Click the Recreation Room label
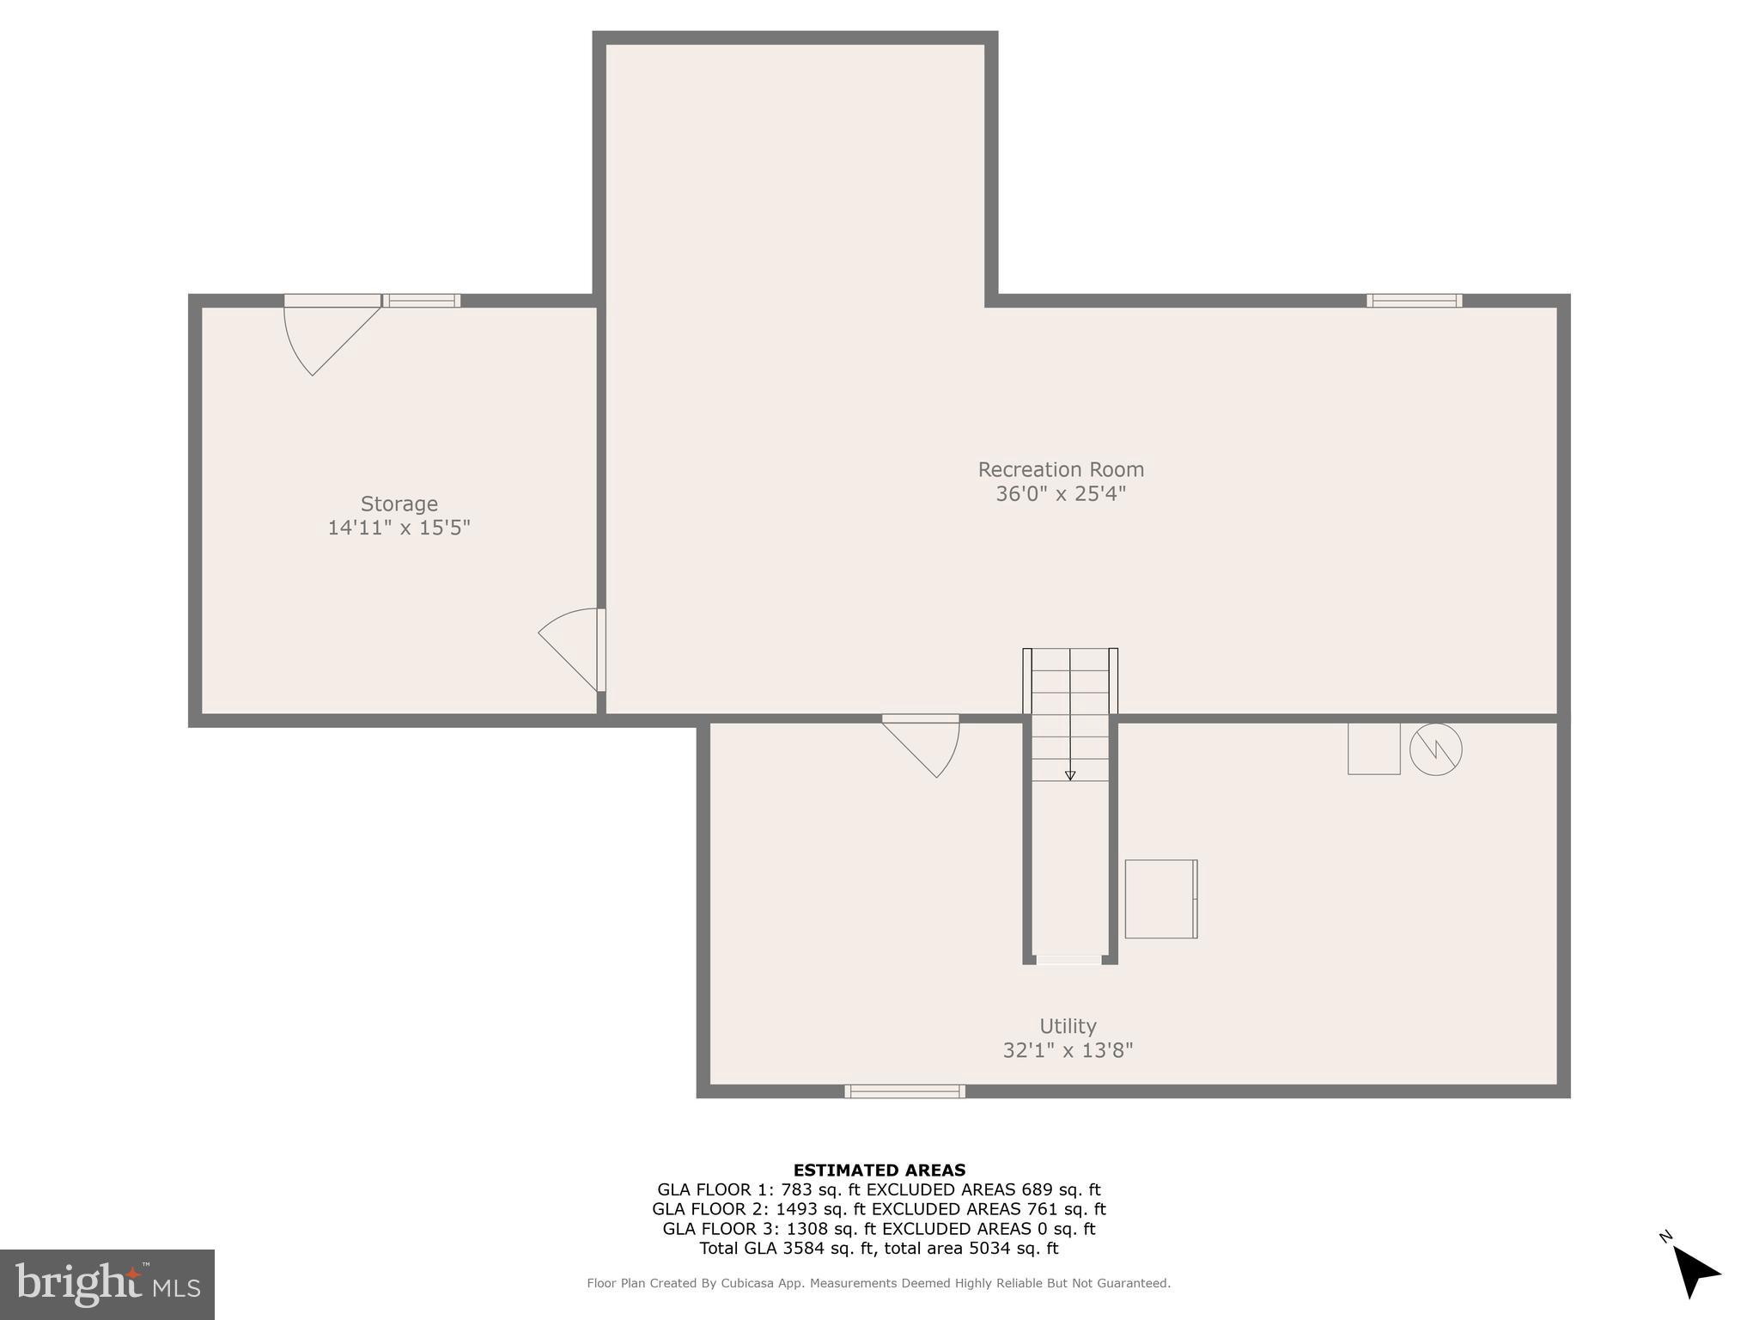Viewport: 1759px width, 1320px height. pyautogui.click(x=1061, y=469)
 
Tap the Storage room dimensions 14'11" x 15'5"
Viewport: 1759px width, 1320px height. pyautogui.click(x=399, y=528)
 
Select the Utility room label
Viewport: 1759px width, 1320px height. pyautogui.click(x=1068, y=1026)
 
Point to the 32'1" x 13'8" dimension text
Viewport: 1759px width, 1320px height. pyautogui.click(x=1068, y=1050)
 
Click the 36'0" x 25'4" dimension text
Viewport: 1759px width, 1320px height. pyautogui.click(x=1061, y=494)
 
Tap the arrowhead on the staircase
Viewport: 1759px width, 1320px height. pyautogui.click(x=1070, y=775)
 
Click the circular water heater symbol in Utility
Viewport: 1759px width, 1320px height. pyautogui.click(x=1435, y=749)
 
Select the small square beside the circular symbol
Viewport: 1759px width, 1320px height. pyautogui.click(x=1373, y=749)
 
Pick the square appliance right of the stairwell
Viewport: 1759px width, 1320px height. pyautogui.click(x=1160, y=899)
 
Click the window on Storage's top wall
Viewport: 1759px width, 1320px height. pyautogui.click(x=422, y=301)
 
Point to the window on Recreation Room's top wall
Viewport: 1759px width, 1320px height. pyautogui.click(x=1414, y=301)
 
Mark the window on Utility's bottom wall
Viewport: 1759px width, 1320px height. pyautogui.click(x=904, y=1091)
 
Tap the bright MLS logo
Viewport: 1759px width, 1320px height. pyautogui.click(x=107, y=1284)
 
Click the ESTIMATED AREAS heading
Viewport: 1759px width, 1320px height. pyautogui.click(x=879, y=1170)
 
